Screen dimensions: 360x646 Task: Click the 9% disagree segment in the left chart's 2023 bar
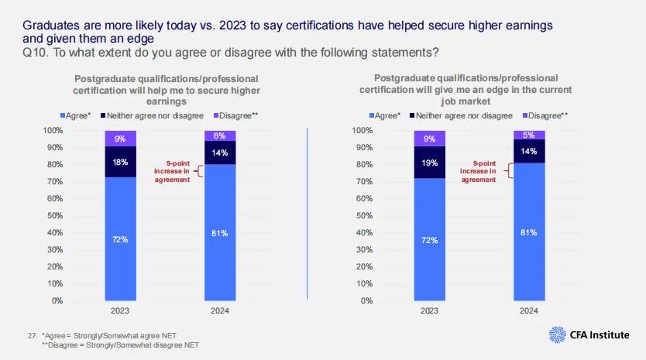point(121,139)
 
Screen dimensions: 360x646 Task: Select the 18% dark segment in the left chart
point(121,162)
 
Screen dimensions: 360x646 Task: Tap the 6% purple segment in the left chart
point(220,135)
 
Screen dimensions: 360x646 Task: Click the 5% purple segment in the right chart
point(528,135)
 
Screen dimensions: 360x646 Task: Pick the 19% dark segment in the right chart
point(428,163)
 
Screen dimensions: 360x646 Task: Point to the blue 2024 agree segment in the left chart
point(220,232)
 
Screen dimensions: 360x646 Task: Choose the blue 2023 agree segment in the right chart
point(428,240)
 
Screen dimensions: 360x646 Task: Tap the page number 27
point(32,335)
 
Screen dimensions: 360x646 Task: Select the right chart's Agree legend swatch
point(369,116)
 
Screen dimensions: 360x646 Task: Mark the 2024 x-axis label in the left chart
point(220,310)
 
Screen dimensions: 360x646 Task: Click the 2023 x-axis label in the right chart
point(428,310)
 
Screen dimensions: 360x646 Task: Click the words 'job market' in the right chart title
point(464,100)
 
